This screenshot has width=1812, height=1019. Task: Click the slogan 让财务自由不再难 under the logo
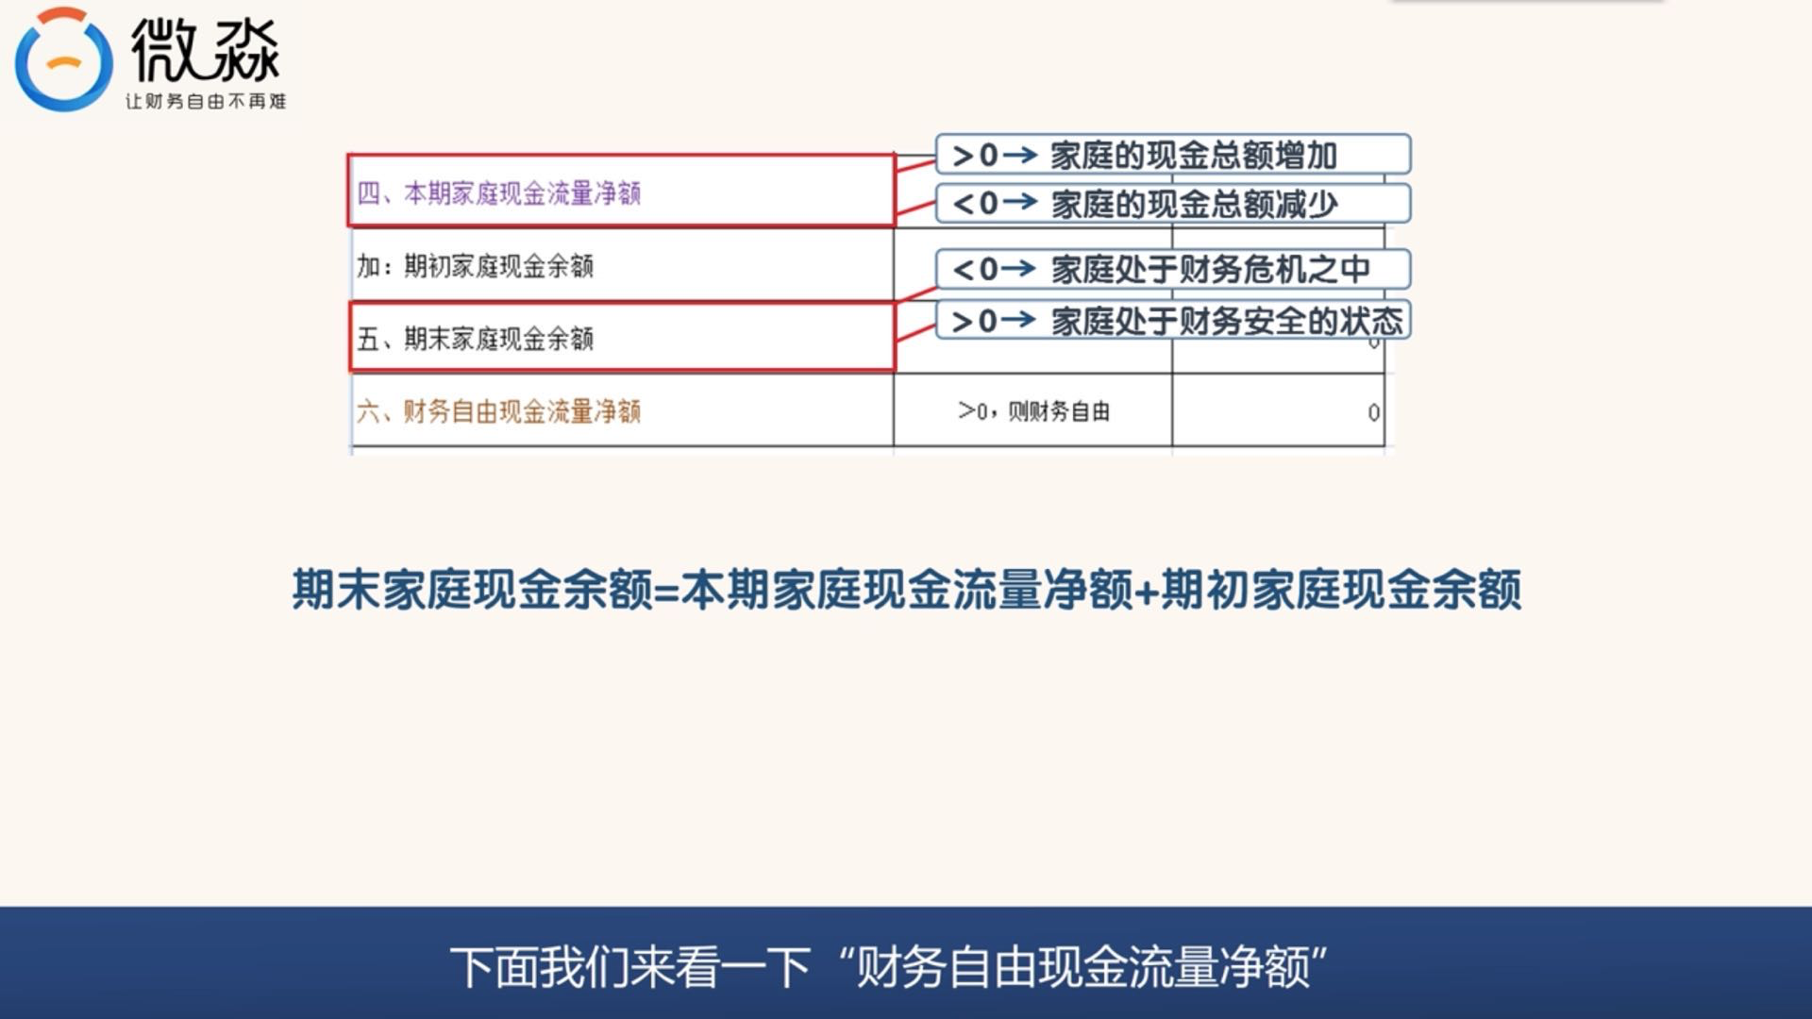point(206,101)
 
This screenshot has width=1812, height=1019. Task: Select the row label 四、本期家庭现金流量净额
point(498,193)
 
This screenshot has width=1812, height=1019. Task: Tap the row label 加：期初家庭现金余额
point(475,266)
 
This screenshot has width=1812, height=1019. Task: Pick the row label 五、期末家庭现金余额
point(475,338)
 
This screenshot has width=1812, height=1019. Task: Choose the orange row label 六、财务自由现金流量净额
point(498,411)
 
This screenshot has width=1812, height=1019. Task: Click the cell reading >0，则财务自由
point(1033,411)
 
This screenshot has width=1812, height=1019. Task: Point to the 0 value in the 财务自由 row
point(1373,412)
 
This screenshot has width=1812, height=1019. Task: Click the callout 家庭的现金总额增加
point(1194,156)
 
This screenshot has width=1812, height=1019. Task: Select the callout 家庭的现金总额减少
point(1194,204)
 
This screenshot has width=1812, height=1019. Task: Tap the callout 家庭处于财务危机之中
point(1210,270)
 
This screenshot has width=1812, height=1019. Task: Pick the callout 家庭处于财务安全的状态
point(1227,322)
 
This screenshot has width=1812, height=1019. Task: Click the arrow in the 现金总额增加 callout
point(1020,155)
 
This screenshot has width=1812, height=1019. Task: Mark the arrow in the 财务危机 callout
point(1020,269)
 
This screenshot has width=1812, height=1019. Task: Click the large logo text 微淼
point(206,49)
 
